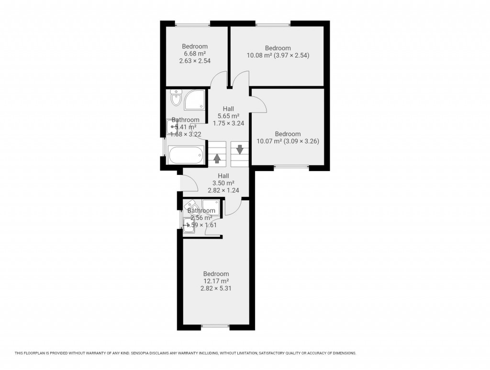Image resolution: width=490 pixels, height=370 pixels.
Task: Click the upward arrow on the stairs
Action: tap(217, 158)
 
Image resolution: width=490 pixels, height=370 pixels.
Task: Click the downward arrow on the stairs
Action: tap(240, 149)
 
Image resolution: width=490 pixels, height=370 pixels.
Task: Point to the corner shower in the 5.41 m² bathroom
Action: tap(196, 99)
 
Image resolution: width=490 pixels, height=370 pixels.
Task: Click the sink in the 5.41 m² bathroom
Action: tap(172, 127)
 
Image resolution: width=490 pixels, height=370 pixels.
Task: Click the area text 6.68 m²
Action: tap(195, 54)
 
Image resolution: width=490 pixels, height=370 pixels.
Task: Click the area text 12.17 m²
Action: tap(216, 281)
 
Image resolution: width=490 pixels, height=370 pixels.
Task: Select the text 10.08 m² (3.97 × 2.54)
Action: tap(278, 55)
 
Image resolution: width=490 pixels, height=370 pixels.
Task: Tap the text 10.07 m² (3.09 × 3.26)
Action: tap(288, 141)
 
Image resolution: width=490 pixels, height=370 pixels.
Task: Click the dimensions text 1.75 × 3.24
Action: tap(228, 123)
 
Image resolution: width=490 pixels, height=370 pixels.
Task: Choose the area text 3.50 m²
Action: tap(223, 183)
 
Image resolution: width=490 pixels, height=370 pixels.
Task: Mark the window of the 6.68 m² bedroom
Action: tap(192, 24)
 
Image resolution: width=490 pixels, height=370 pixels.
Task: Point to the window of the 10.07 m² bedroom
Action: tap(291, 167)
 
